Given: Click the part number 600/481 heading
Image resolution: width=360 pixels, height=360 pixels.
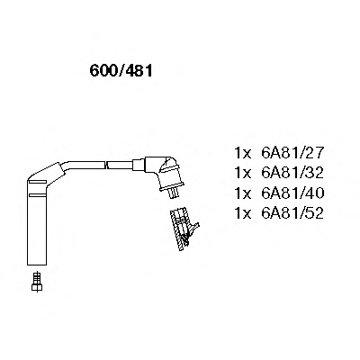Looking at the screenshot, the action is [x=121, y=71].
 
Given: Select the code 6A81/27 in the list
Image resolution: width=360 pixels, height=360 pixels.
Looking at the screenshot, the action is [x=292, y=153].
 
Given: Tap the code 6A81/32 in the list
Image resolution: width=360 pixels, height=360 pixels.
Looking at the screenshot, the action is [x=292, y=173].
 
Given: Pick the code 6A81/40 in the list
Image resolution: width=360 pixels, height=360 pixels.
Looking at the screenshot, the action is [x=292, y=193].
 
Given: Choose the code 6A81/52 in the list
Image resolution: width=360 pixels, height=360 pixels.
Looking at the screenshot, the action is [x=292, y=213].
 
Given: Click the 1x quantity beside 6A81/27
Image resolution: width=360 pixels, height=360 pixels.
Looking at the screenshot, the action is [x=242, y=153].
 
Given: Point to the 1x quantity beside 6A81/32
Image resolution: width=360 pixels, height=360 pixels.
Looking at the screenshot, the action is [x=242, y=173].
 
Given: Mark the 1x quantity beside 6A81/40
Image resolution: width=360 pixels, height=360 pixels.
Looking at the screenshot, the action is [x=242, y=193].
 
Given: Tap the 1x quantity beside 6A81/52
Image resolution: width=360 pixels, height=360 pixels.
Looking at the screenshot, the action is [x=242, y=213].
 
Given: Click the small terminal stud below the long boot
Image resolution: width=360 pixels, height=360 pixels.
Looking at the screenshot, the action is [x=37, y=281].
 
